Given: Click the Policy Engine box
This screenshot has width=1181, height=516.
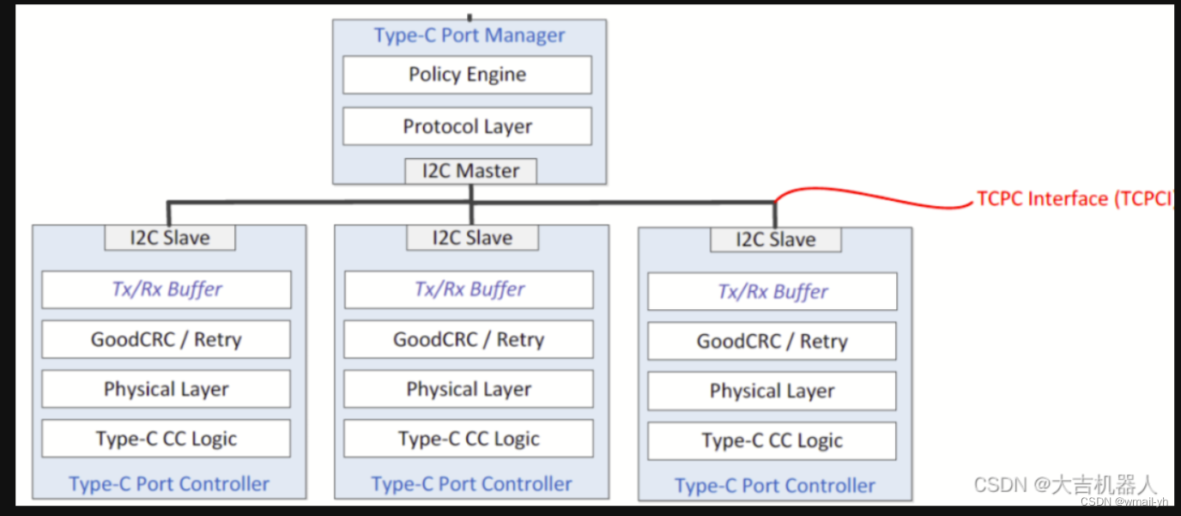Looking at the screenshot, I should pos(467,75).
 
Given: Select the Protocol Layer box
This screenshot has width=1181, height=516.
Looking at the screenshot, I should pos(467,126).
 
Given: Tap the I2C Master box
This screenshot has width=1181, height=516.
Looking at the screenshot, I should pos(470,171).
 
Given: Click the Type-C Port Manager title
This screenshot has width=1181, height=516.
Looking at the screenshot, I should pos(469,36).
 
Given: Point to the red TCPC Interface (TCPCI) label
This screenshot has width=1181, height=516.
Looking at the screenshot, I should pos(1074,199).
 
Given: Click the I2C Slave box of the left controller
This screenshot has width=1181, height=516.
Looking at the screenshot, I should pos(170,238).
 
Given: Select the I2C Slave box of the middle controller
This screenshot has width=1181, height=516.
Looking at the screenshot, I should pos(472,238).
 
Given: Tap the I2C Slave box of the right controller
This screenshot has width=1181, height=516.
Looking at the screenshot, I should pos(775,240).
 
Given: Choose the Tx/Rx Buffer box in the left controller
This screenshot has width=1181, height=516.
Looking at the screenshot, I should pos(167,289).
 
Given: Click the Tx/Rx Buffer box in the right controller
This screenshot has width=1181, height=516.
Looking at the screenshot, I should pos(772,292).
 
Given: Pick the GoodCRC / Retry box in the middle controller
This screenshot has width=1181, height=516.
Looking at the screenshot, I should pos(469,339).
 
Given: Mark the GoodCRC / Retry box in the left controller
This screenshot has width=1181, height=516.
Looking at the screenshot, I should pos(167,339).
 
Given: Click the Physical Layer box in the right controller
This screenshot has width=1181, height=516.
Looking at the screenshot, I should pos(772,392).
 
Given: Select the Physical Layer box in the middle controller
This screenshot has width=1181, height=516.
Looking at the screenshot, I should pos(469,390).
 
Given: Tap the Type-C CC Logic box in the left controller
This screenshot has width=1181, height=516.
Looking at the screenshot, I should pos(167,439).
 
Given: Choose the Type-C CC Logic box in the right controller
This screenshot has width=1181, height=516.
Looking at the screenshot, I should pos(772,441).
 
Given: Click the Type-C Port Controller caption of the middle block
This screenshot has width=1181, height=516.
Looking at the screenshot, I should pos(471,484).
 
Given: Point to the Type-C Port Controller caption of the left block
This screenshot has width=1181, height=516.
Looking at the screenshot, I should pos(169,484).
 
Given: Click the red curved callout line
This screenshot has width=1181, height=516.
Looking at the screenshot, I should pos(875,197).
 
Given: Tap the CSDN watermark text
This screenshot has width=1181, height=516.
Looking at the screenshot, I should pos(1065,485).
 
